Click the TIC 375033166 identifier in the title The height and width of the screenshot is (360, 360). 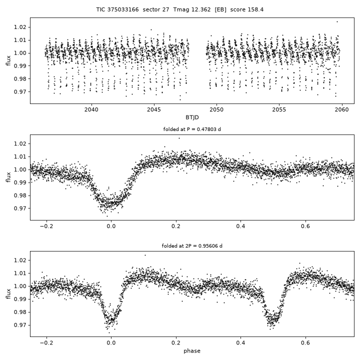tap(117, 9)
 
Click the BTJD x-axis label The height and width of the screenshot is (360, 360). tap(192, 117)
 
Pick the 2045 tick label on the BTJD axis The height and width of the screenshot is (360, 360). tap(154, 109)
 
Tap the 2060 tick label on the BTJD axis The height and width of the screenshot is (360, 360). tap(341, 109)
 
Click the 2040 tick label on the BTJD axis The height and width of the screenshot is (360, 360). tap(91, 109)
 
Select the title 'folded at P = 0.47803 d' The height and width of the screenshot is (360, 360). tap(192, 129)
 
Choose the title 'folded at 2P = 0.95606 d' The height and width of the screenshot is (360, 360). tap(192, 246)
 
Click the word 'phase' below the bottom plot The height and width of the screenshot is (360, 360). tap(192, 351)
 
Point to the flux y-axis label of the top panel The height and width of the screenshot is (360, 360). tap(8, 60)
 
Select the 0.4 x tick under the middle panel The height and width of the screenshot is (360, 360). tap(240, 226)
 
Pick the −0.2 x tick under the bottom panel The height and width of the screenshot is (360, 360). tap(46, 343)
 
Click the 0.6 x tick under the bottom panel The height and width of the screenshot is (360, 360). tap(305, 343)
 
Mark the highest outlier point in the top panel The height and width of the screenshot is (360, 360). tap(337, 22)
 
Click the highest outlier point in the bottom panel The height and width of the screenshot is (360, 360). tap(145, 255)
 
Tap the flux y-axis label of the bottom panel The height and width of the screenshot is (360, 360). tap(8, 294)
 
